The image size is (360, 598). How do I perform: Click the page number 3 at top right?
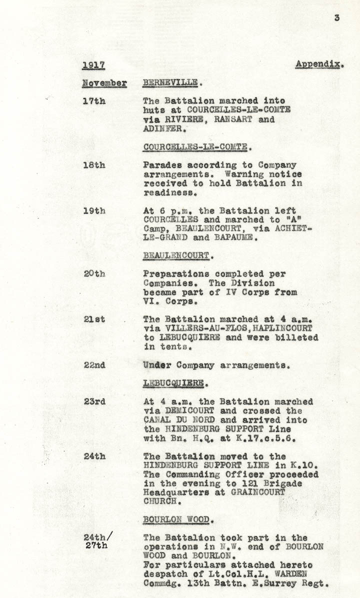point(337,18)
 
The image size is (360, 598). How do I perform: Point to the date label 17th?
point(94,100)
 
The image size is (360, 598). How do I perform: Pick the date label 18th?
point(94,165)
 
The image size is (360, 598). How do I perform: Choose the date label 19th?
point(94,211)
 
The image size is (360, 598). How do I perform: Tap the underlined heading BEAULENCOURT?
point(175,256)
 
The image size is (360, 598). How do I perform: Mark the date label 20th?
point(94,274)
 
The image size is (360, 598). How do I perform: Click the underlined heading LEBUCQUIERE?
point(173,383)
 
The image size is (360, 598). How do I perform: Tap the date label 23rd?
point(94,402)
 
